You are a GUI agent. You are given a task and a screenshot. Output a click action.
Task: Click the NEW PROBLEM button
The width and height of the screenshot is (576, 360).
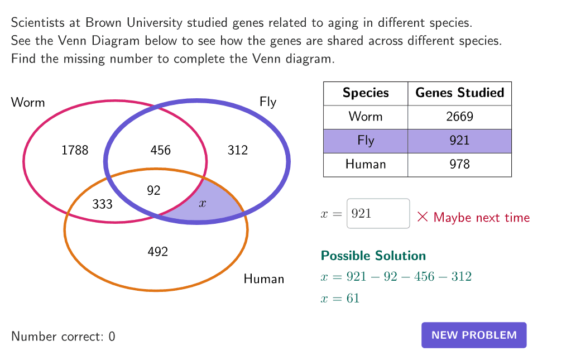point(474,335)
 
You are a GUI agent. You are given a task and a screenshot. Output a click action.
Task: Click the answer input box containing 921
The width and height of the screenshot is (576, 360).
point(378,213)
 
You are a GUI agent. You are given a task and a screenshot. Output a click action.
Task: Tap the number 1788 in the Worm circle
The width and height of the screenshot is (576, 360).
point(75,150)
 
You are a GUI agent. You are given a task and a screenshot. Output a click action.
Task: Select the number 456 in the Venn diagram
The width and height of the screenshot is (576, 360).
point(161,150)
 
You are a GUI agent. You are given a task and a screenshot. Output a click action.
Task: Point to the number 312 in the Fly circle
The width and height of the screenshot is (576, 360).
point(238,150)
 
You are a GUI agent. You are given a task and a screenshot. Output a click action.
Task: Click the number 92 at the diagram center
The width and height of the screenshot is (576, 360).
point(154,190)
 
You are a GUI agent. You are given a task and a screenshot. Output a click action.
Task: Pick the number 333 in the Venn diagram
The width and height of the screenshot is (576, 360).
point(102,204)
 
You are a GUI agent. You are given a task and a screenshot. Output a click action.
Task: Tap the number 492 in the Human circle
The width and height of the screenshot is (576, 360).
point(158,252)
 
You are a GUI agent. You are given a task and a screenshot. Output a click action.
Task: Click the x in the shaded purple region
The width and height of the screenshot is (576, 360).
point(203,203)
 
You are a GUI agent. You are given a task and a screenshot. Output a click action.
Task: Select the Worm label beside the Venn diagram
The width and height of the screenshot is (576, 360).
point(28,102)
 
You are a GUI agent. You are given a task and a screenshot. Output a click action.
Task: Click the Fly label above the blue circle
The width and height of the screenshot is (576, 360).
point(268,102)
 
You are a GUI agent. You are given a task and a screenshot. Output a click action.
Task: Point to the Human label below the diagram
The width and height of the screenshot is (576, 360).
point(264,279)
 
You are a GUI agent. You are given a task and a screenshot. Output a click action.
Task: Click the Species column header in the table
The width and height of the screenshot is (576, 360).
point(366,93)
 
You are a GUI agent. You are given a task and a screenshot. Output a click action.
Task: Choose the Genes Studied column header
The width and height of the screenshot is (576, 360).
point(459,93)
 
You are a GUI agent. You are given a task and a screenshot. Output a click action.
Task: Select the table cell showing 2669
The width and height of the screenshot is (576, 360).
point(459,117)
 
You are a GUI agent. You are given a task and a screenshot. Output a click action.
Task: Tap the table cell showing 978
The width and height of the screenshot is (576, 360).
point(459,164)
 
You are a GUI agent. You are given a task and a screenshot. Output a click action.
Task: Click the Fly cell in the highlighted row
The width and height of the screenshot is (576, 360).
point(366,141)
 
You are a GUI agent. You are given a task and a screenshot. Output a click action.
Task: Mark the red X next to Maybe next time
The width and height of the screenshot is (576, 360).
point(423,217)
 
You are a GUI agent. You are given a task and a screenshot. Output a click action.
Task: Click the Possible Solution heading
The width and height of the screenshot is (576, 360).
point(373,256)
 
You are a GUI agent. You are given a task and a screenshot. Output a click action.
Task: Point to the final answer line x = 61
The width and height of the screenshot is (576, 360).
point(340,298)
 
